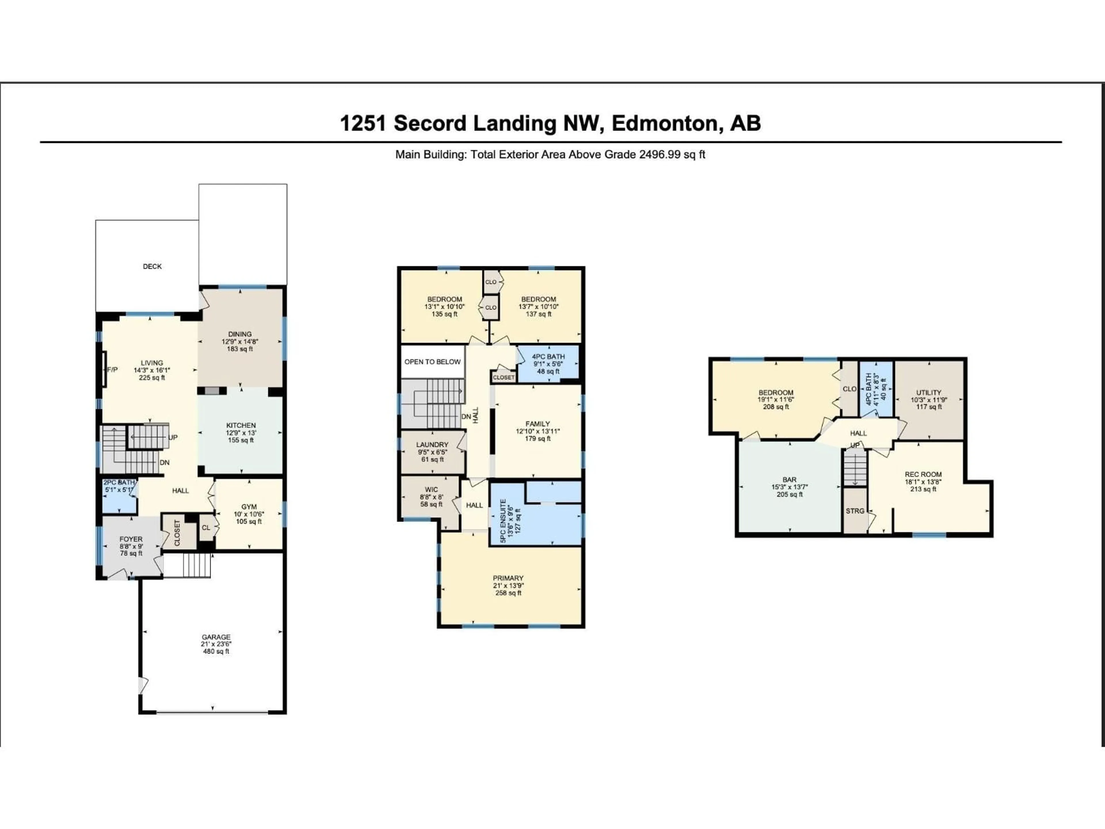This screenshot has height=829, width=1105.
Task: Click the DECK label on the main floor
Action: (x=152, y=266)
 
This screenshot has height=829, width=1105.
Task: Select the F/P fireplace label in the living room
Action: (x=113, y=370)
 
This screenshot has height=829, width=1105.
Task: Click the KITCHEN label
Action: (x=241, y=425)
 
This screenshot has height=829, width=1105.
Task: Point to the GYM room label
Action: (x=249, y=507)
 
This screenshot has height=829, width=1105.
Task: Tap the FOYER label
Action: (x=131, y=539)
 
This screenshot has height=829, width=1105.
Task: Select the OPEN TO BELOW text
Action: (x=433, y=362)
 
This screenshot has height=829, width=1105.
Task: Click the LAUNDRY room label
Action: (x=432, y=445)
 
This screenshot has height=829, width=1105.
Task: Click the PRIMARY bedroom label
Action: (x=508, y=578)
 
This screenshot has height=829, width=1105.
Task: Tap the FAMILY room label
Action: (x=538, y=424)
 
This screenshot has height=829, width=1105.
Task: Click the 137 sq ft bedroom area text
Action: (x=538, y=314)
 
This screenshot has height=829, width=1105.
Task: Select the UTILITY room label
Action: (x=929, y=392)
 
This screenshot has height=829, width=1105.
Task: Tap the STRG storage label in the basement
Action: (x=855, y=511)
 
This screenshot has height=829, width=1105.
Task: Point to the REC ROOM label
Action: (x=923, y=474)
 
